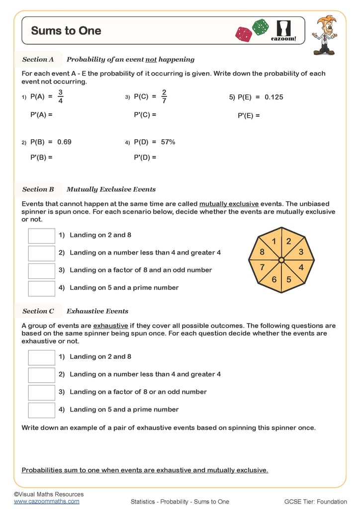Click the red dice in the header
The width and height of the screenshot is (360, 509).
coord(244,34)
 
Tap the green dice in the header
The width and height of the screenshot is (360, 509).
coord(260,27)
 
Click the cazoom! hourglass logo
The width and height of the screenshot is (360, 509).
coord(283,30)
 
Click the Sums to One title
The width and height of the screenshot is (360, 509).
coord(66,31)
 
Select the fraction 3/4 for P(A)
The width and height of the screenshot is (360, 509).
coord(60,97)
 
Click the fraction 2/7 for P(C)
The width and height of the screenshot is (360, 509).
coord(164,97)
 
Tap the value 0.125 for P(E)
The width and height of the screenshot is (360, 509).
coord(273,97)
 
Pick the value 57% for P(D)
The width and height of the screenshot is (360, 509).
coord(168,142)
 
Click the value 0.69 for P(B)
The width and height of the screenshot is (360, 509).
coord(64,142)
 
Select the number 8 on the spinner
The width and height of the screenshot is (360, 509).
coord(262,253)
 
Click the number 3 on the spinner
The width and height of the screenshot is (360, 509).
coord(300,252)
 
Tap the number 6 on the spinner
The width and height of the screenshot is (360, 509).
coord(274,279)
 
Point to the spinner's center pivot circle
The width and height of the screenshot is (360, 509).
coord(281,260)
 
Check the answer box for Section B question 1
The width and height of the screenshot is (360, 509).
coord(41,236)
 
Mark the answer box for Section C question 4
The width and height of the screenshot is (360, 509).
coord(41,410)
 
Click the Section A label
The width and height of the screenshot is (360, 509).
coord(38,60)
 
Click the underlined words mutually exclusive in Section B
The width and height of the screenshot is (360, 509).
coord(229,204)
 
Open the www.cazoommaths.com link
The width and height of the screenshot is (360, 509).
coord(46,502)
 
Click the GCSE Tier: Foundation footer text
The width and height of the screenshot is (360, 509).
coord(315,502)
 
